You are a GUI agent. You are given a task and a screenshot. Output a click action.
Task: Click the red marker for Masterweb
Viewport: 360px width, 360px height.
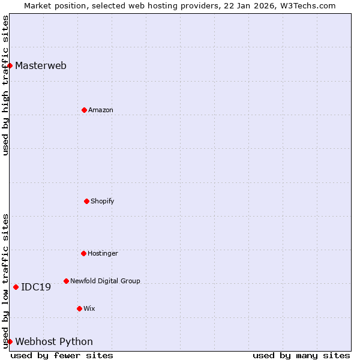click(x=10, y=65)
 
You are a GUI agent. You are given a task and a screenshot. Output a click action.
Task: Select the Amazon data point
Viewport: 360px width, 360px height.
click(x=84, y=110)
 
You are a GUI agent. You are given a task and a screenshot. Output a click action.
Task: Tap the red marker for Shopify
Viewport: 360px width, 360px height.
click(x=86, y=201)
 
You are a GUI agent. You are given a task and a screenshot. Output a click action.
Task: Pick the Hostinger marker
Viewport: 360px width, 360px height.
click(x=83, y=253)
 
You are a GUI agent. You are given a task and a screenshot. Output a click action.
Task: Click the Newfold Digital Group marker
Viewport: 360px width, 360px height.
click(x=66, y=281)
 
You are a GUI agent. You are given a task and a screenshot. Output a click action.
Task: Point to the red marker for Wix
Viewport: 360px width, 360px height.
click(x=79, y=308)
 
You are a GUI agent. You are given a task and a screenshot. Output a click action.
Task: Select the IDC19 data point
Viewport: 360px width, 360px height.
click(x=16, y=287)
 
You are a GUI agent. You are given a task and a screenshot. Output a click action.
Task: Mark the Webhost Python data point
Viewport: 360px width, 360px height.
click(x=10, y=341)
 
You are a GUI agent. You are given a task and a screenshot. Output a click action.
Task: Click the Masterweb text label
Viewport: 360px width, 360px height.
click(x=41, y=66)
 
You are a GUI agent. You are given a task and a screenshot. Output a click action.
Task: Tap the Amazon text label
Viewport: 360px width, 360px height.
click(x=101, y=110)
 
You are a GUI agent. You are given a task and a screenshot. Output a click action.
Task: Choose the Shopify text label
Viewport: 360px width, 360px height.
click(x=103, y=202)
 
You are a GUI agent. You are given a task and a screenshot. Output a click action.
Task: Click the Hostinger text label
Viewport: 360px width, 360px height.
click(x=103, y=254)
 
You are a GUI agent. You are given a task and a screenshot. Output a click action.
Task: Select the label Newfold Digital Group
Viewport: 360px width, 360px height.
click(x=105, y=281)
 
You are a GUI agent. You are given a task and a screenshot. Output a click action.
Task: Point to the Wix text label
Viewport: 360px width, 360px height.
click(x=89, y=309)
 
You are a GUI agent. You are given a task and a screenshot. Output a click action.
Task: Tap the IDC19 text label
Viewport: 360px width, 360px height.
click(x=36, y=287)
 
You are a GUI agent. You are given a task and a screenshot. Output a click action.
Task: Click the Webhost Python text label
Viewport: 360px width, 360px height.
click(x=54, y=342)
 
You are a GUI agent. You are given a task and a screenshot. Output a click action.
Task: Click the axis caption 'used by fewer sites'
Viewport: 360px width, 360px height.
click(x=62, y=356)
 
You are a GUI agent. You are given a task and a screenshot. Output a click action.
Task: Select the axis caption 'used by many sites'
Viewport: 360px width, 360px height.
click(x=301, y=356)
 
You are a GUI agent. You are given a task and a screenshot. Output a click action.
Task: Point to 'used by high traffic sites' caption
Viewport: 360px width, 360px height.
click(x=5, y=85)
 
